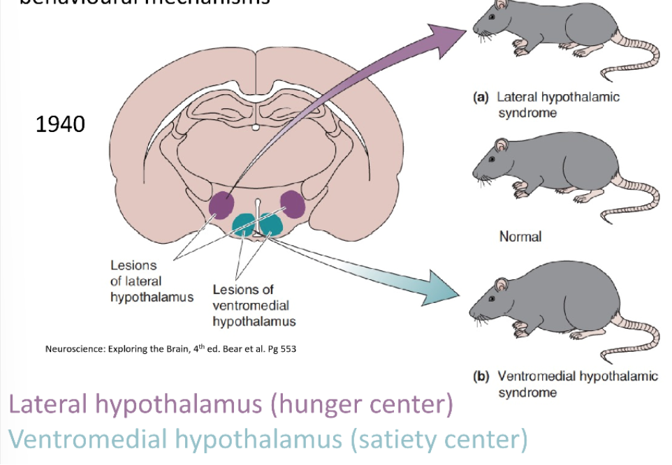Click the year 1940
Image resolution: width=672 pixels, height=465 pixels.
pos(60,125)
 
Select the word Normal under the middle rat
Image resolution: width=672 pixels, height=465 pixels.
pos(520,237)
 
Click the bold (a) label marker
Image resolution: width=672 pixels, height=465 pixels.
pos(481,98)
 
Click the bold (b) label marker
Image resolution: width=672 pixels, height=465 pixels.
pos(481,376)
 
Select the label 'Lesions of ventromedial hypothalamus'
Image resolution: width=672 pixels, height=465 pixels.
pos(254,306)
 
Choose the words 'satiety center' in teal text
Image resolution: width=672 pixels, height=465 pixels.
pos(437,439)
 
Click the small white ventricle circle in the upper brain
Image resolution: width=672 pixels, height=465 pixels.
pos(256,128)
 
